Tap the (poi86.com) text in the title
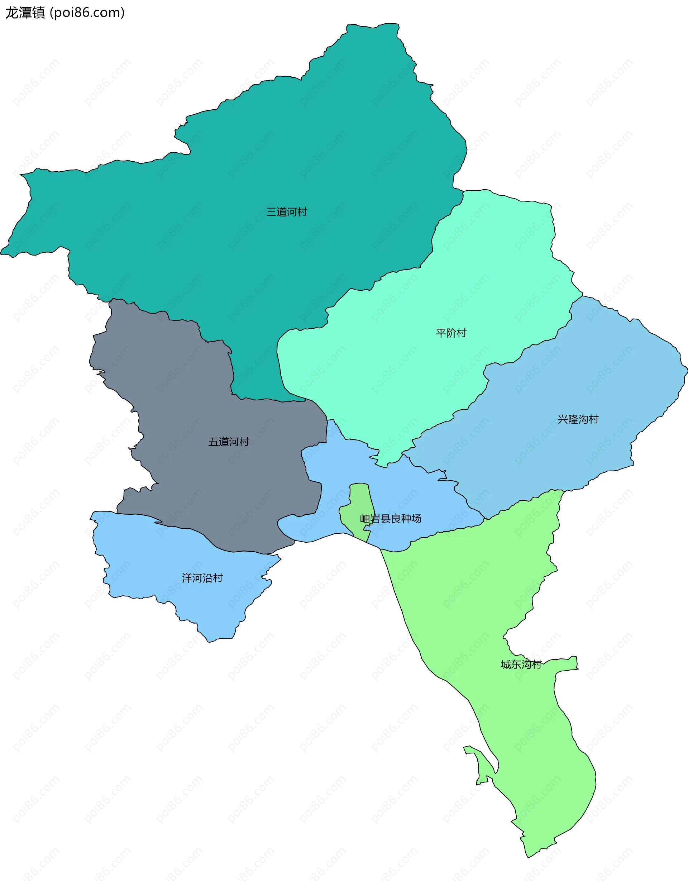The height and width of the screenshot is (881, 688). [x=87, y=13]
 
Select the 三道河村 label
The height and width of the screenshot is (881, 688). [x=286, y=212]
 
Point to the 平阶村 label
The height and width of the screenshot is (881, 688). [x=451, y=333]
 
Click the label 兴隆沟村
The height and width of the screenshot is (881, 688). [x=578, y=419]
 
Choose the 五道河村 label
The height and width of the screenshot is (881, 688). [x=229, y=442]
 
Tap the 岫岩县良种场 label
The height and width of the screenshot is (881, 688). [x=390, y=518]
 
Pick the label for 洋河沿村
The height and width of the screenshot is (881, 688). [x=202, y=578]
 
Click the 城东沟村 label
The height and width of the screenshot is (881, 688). [x=521, y=665]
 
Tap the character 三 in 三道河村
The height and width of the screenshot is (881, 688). [x=271, y=212]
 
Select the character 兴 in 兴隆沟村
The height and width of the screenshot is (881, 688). [x=563, y=419]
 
